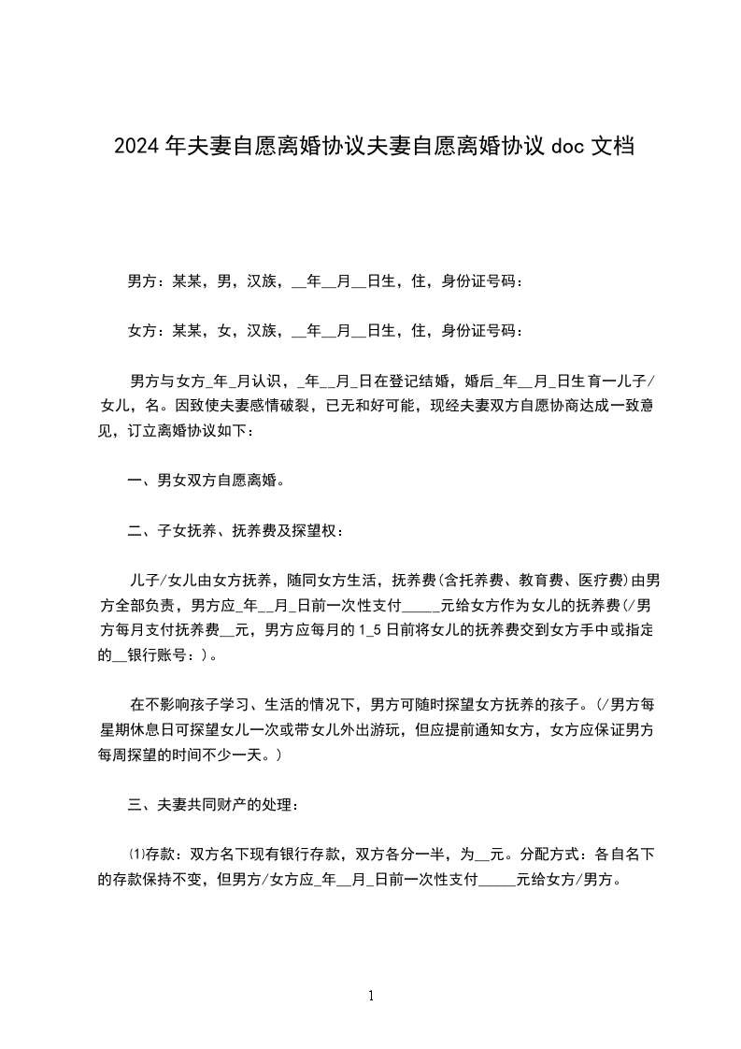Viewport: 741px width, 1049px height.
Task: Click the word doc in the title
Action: click(x=567, y=147)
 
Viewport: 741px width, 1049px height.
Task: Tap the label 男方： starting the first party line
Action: click(x=147, y=280)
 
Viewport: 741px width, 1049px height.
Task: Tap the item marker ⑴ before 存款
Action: click(x=133, y=854)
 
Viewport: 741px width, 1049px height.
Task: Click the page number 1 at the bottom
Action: click(x=371, y=996)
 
